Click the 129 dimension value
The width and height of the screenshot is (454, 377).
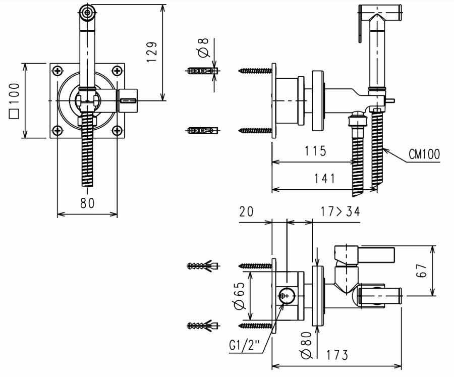click(152, 52)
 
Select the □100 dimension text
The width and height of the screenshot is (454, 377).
click(14, 100)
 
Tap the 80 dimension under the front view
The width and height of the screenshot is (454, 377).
click(87, 203)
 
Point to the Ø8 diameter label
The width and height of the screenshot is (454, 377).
click(204, 48)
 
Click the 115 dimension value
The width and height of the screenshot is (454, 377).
click(315, 151)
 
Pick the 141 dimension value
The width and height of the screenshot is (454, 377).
click(324, 178)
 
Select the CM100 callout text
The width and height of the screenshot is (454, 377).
click(424, 154)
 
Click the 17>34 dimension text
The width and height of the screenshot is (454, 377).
click(340, 211)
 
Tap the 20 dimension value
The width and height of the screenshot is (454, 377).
click(246, 211)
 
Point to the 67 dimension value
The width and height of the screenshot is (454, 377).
click(422, 271)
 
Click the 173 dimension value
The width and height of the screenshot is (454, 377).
click(337, 355)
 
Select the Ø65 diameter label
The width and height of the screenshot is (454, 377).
click(240, 295)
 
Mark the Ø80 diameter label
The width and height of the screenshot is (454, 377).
click(306, 345)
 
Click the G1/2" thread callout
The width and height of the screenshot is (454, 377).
click(244, 345)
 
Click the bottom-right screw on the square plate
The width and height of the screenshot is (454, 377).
click(117, 130)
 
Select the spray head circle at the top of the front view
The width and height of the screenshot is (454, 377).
click(87, 13)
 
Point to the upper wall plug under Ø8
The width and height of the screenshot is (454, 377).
click(202, 71)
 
